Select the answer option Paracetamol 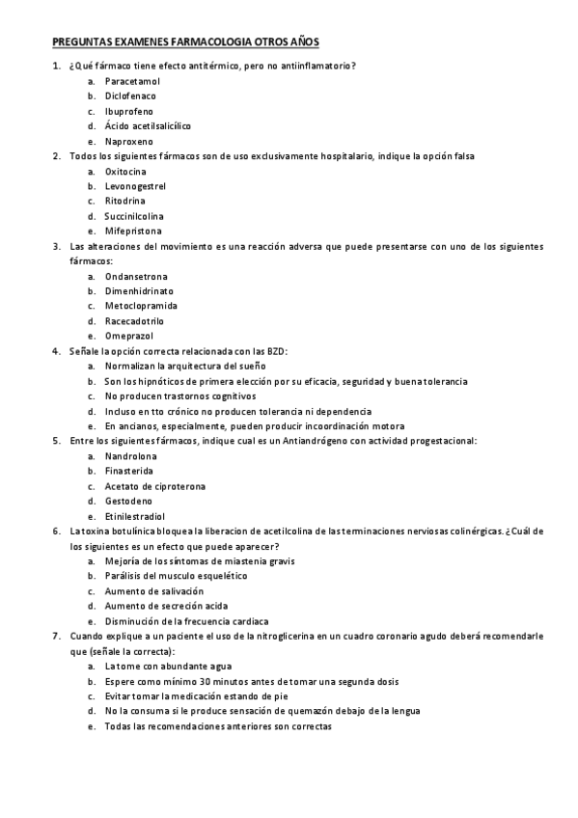[x=133, y=81]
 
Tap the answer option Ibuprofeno [x=129, y=111]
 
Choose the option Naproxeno [x=129, y=141]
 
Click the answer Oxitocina [x=125, y=171]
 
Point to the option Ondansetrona [x=134, y=276]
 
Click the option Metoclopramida [x=141, y=306]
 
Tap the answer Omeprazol [x=129, y=336]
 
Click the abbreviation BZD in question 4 [x=276, y=351]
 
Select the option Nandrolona [x=132, y=455]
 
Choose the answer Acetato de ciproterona [x=155, y=485]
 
